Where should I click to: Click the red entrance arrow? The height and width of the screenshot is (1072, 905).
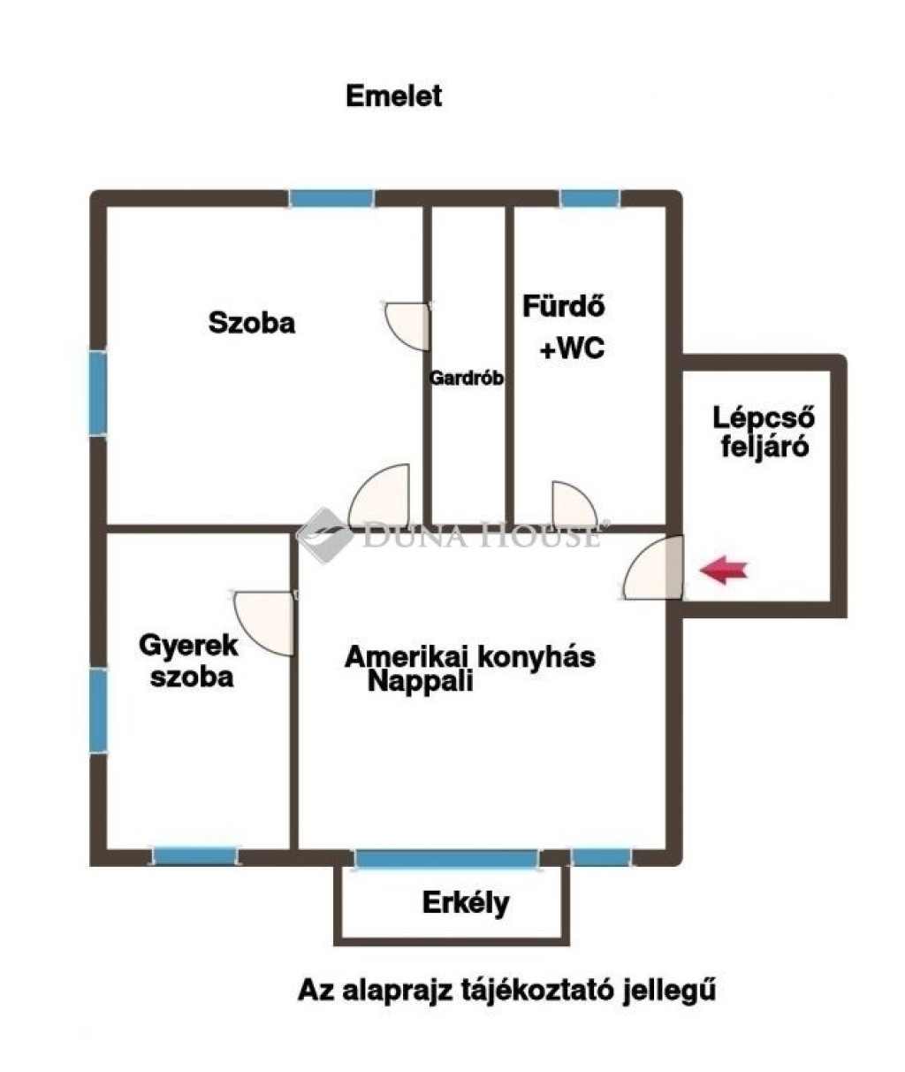tap(724, 570)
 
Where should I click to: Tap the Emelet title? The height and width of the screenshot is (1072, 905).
tap(393, 96)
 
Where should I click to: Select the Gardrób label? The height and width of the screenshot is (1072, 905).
tap(467, 379)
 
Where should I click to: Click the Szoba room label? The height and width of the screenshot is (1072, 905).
tap(252, 323)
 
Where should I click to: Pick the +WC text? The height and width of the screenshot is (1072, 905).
tap(572, 348)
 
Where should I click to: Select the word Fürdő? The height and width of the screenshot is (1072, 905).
tap(563, 306)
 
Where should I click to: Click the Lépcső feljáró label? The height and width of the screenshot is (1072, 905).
tap(764, 432)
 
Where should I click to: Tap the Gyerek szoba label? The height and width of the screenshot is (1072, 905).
tap(189, 662)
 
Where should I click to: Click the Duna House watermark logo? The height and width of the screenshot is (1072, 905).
tap(324, 535)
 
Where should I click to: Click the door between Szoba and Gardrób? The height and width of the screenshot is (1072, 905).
tap(407, 326)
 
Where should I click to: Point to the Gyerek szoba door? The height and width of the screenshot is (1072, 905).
tap(264, 624)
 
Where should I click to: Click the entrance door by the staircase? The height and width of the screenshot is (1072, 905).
tap(654, 567)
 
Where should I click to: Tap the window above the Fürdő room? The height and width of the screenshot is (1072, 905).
tap(590, 199)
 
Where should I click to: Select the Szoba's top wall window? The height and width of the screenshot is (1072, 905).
tap(331, 199)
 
